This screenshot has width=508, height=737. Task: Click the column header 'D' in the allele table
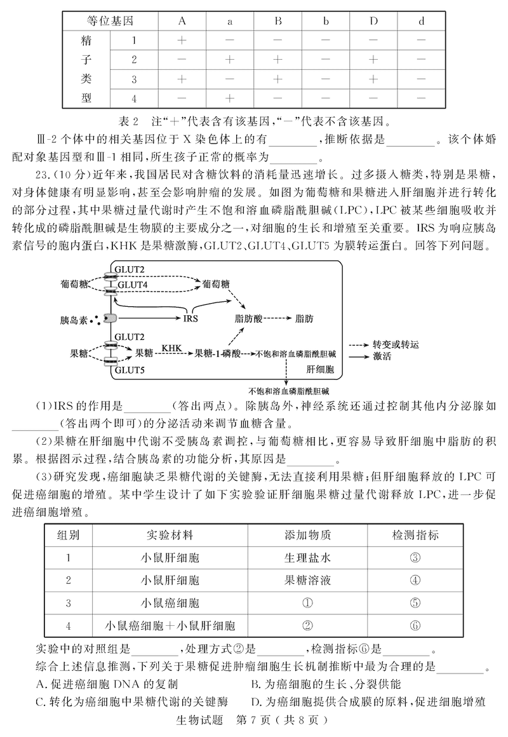click(373, 20)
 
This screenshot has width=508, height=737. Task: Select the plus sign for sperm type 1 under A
click(182, 40)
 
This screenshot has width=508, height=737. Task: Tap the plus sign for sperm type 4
click(230, 98)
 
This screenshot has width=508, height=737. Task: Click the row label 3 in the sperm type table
click(135, 79)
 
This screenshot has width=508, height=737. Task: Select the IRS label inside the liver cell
click(191, 318)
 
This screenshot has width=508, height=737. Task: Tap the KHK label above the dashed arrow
click(173, 348)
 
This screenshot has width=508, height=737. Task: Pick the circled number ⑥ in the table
click(415, 625)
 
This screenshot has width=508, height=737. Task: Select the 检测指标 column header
click(415, 535)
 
